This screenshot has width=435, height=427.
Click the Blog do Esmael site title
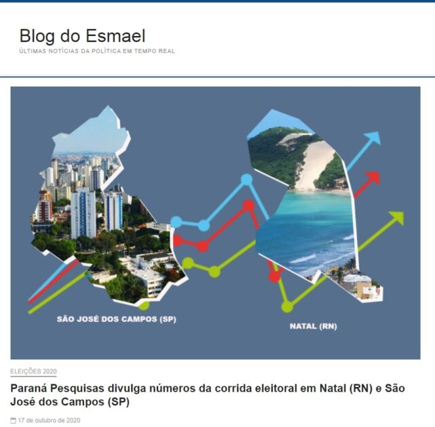coord(82,36)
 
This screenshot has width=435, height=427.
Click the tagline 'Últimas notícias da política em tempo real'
coord(97,52)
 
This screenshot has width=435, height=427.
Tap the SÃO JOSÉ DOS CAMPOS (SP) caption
coord(117,319)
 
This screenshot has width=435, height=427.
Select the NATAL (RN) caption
coord(314,326)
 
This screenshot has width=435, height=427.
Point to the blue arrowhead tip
coord(381,132)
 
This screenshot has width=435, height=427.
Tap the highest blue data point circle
coord(246,180)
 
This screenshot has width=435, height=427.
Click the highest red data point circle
coord(248,205)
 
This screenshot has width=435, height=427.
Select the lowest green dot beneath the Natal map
coord(287,307)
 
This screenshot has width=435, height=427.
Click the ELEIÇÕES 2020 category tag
coord(33,371)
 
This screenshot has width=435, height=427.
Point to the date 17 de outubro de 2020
coord(49,420)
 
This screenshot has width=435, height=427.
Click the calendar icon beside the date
coord(13,421)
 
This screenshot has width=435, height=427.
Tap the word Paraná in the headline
coord(29,388)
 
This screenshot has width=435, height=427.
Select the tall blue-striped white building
coord(83,213)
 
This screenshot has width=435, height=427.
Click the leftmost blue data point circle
coord(176,222)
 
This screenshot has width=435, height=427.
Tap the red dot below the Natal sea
coord(275,277)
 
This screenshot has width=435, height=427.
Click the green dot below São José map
coord(144,306)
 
